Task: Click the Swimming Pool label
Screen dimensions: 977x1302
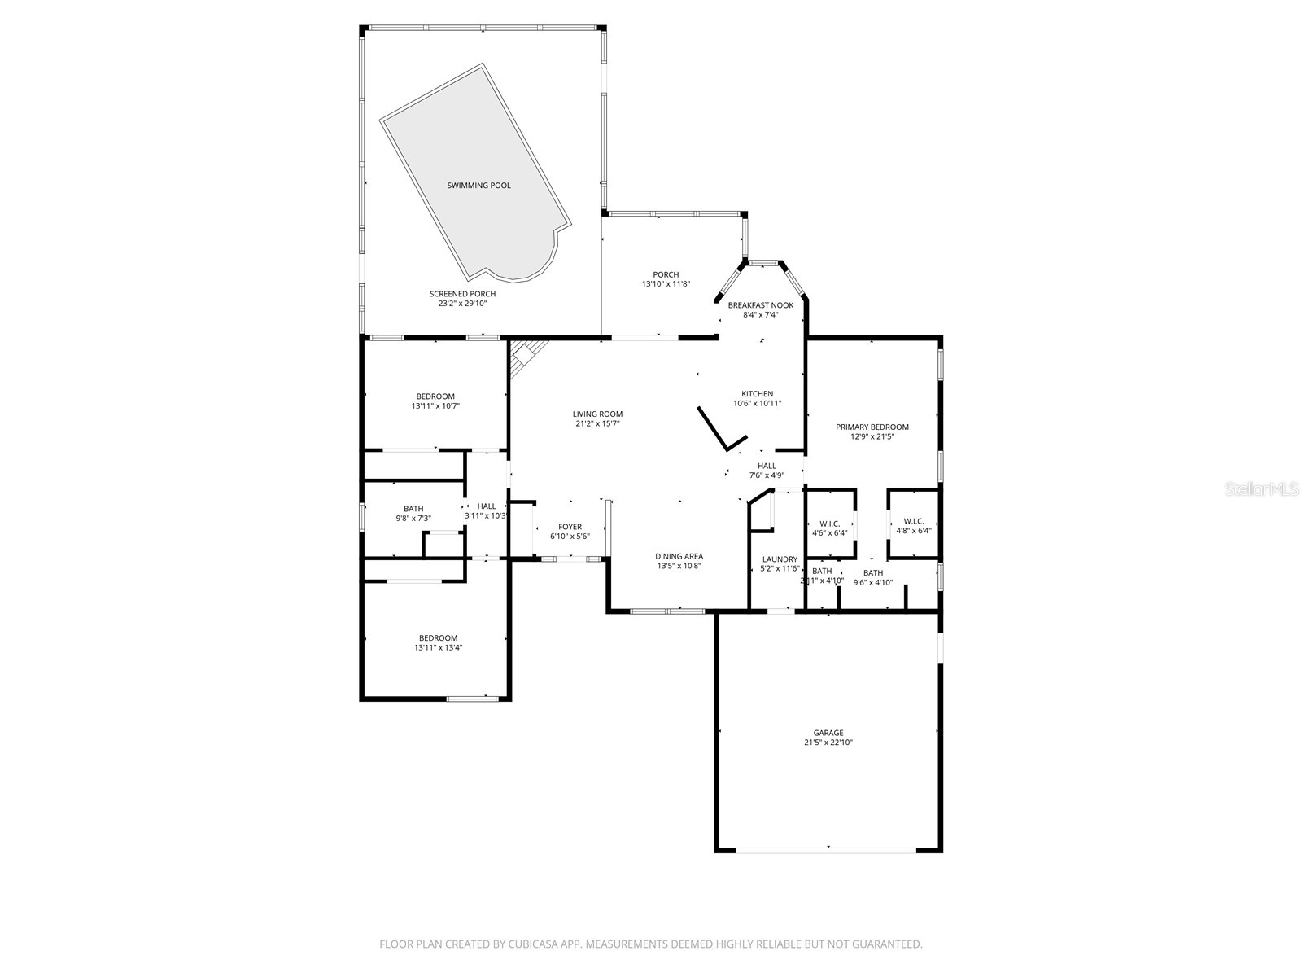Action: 478,186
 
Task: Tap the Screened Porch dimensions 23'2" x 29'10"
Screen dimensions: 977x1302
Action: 462,304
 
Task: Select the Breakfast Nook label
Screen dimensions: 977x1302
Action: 760,305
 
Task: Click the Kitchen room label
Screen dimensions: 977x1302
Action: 757,394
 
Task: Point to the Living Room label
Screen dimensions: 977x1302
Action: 597,414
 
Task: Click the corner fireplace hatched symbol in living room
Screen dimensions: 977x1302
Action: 523,356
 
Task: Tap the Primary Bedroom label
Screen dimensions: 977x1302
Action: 872,427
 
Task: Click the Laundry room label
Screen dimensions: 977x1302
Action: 779,559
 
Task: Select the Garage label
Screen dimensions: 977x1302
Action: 828,733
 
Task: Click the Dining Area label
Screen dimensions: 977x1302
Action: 679,557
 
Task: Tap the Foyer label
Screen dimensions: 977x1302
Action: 570,527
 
